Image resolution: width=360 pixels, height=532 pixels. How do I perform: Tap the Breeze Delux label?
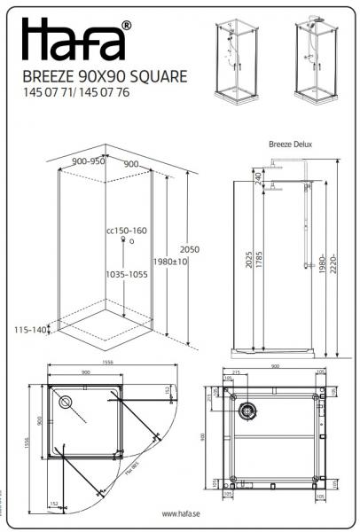(x=290, y=144)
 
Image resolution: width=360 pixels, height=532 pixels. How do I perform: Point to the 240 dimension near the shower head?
(x=257, y=178)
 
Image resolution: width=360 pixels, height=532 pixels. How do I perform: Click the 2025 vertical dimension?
(x=247, y=262)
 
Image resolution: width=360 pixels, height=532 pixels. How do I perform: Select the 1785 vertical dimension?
(x=258, y=262)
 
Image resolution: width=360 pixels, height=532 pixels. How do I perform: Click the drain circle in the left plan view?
(x=66, y=400)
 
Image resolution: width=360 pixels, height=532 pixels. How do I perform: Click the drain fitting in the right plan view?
(x=248, y=409)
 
